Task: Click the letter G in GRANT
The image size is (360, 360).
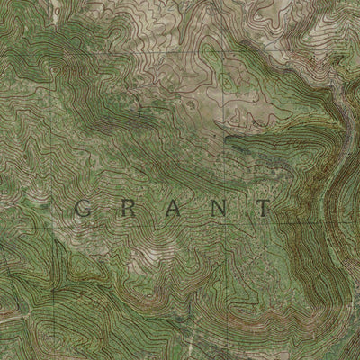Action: click(x=81, y=209)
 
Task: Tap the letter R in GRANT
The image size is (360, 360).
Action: click(x=128, y=209)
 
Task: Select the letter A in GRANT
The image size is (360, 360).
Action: click(x=171, y=209)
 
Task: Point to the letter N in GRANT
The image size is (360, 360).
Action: click(x=217, y=209)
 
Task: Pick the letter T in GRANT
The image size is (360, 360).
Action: click(x=263, y=209)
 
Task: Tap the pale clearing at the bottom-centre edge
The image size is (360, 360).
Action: click(x=193, y=346)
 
